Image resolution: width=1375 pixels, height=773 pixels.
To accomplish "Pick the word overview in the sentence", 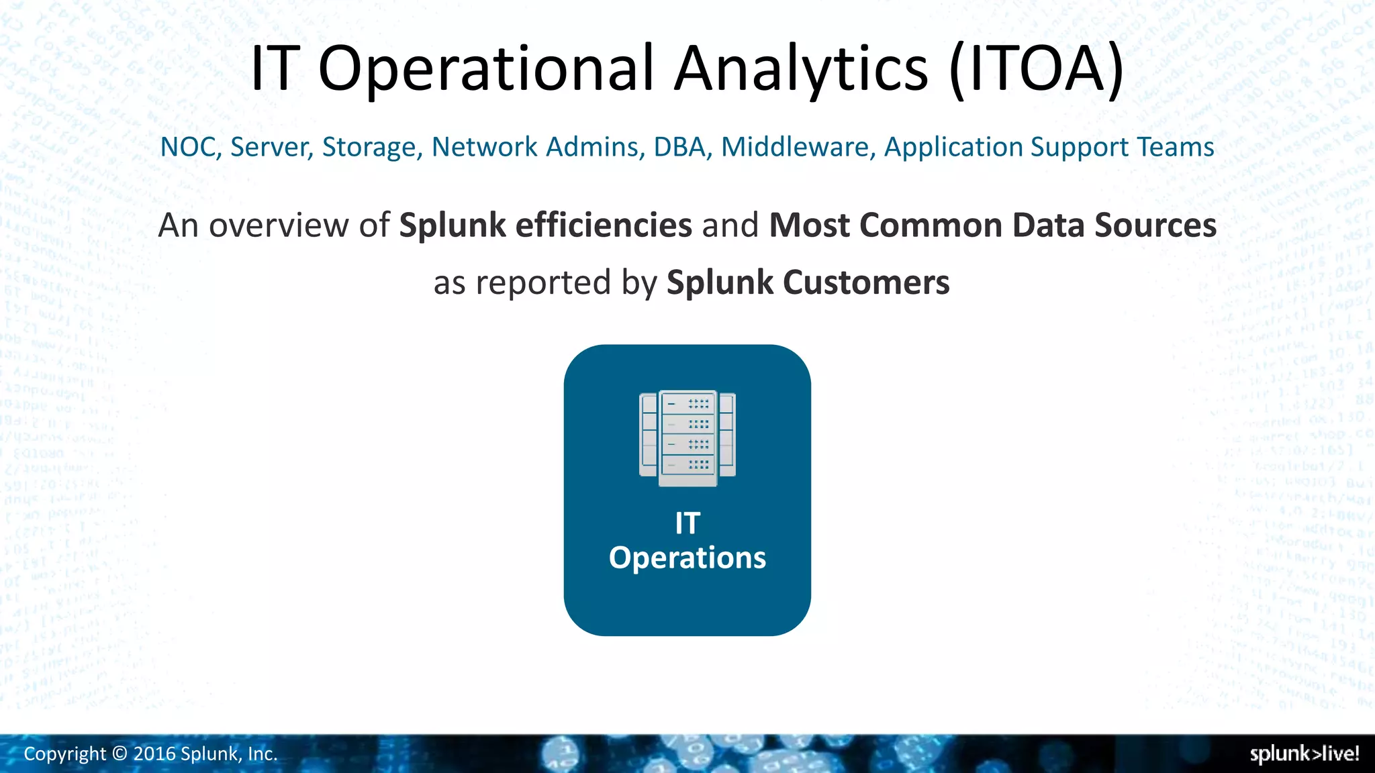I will coord(279,225).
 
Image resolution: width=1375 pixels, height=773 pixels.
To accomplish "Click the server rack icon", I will coord(687,438).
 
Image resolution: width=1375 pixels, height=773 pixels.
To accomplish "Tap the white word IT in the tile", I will coord(687,523).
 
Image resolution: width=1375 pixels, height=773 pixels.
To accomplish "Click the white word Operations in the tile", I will coord(687,558).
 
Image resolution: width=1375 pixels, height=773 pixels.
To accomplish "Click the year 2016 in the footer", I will coord(154,754).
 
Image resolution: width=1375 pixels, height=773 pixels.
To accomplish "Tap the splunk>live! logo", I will coord(1304,754).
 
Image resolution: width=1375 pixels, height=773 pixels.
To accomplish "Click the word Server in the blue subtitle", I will coord(272,147).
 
